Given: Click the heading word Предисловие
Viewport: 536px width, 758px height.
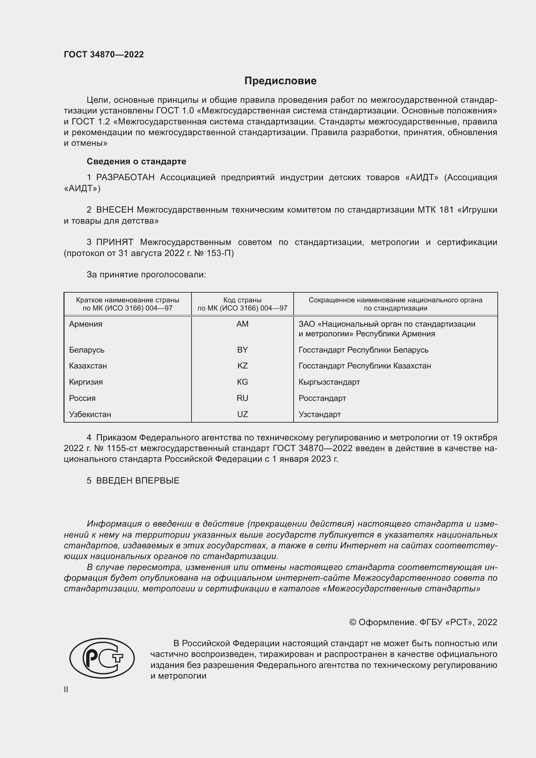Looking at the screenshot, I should (x=280, y=81).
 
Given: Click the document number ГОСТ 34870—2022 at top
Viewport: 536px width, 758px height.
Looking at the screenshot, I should (x=104, y=54).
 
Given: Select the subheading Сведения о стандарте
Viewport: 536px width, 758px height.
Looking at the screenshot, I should (x=136, y=161).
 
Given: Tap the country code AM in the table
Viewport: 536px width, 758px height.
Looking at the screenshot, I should (x=242, y=324).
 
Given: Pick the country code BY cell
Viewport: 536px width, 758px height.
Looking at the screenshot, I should (x=242, y=350).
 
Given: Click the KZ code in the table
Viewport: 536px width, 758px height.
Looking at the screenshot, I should (x=242, y=366).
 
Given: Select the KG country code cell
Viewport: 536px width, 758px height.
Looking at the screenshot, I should (x=242, y=382).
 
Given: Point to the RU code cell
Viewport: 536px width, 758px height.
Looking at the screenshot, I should (x=242, y=398).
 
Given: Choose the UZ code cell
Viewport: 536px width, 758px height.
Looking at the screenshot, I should (x=242, y=414).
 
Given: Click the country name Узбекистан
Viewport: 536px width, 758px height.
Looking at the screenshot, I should (x=90, y=414).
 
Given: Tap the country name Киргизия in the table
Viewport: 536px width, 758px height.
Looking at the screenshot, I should (x=86, y=382).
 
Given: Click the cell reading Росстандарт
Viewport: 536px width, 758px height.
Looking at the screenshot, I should (x=322, y=398).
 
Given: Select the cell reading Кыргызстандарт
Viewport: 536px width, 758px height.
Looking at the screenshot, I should (x=329, y=382).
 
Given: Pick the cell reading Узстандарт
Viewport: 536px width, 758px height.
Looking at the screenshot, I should (x=320, y=414).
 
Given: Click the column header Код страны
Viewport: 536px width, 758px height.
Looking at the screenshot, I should (x=242, y=300).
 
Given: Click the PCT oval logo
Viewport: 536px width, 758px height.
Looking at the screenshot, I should (x=102, y=658).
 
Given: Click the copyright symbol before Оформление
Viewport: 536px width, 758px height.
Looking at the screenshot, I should (x=353, y=622).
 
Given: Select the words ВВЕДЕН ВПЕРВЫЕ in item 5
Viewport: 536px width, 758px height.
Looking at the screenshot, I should (x=138, y=481).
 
